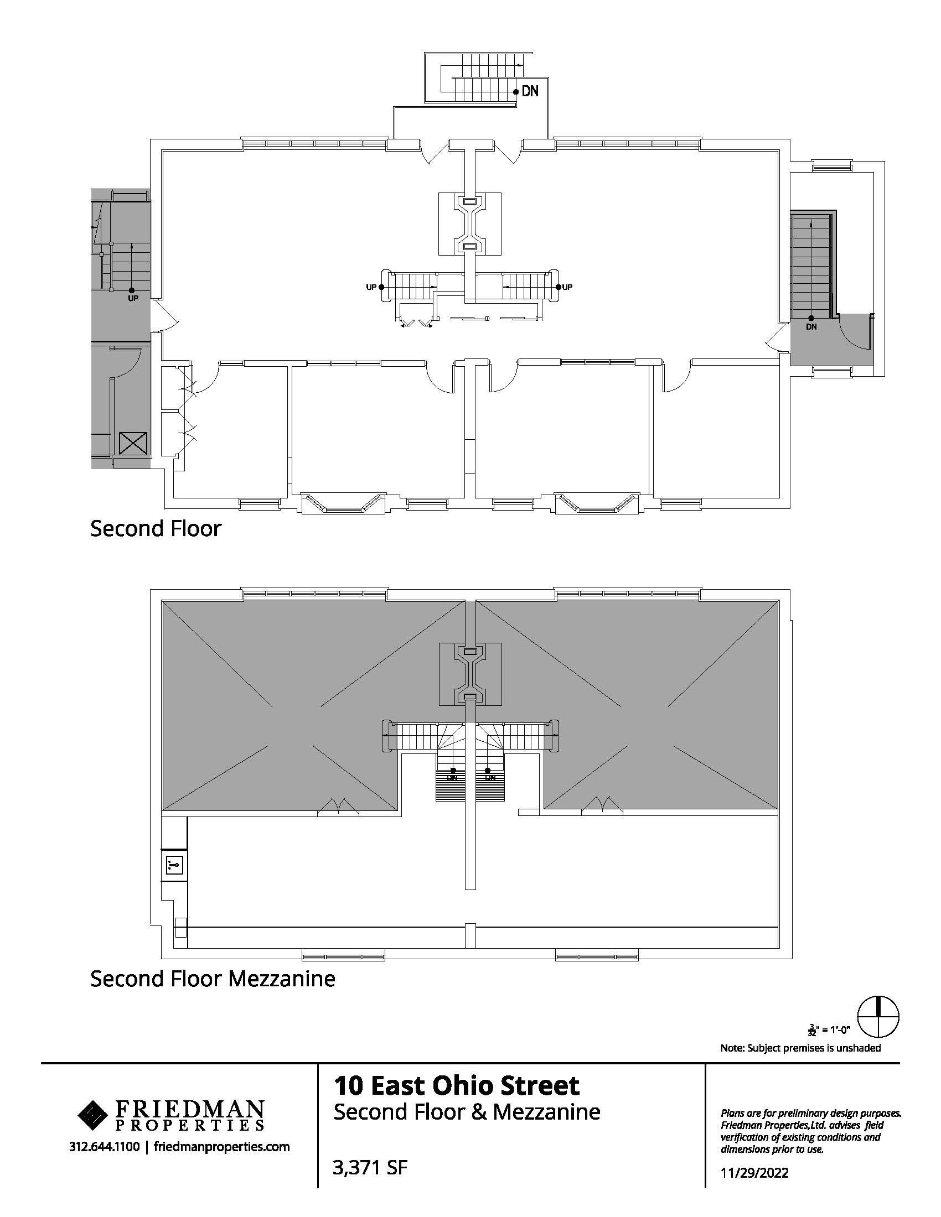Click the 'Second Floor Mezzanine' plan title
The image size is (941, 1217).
[x=213, y=979]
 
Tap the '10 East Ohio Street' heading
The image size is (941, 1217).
[x=457, y=1085]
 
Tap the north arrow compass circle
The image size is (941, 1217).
[x=878, y=1015]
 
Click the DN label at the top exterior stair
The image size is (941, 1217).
[x=530, y=91]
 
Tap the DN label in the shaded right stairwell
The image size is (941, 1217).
[x=811, y=326]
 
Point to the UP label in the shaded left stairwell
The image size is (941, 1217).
[x=133, y=298]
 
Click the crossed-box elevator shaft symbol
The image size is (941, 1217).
[x=133, y=444]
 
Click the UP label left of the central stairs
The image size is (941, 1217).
[x=371, y=287]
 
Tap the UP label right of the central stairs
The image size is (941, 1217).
[x=567, y=287]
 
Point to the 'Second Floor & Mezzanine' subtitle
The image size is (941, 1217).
[x=467, y=1112]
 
